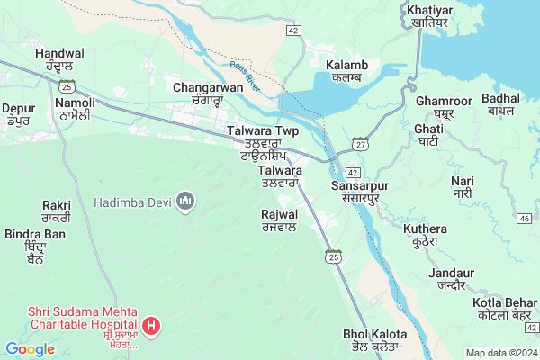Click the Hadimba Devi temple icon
(186, 198)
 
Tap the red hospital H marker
(152, 324)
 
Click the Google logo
(30, 349)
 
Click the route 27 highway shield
(360, 143)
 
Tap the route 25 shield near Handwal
(66, 85)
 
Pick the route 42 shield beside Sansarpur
(353, 172)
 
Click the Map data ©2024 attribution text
(499, 352)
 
